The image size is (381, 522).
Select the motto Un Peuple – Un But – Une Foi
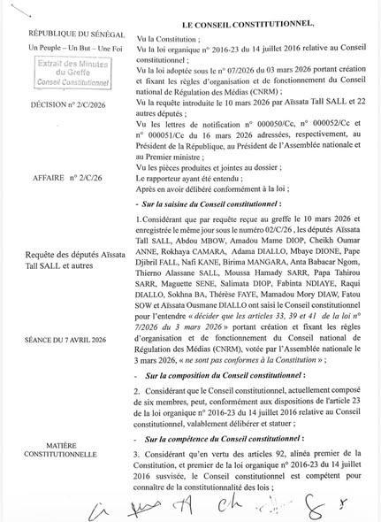tap(60, 44)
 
